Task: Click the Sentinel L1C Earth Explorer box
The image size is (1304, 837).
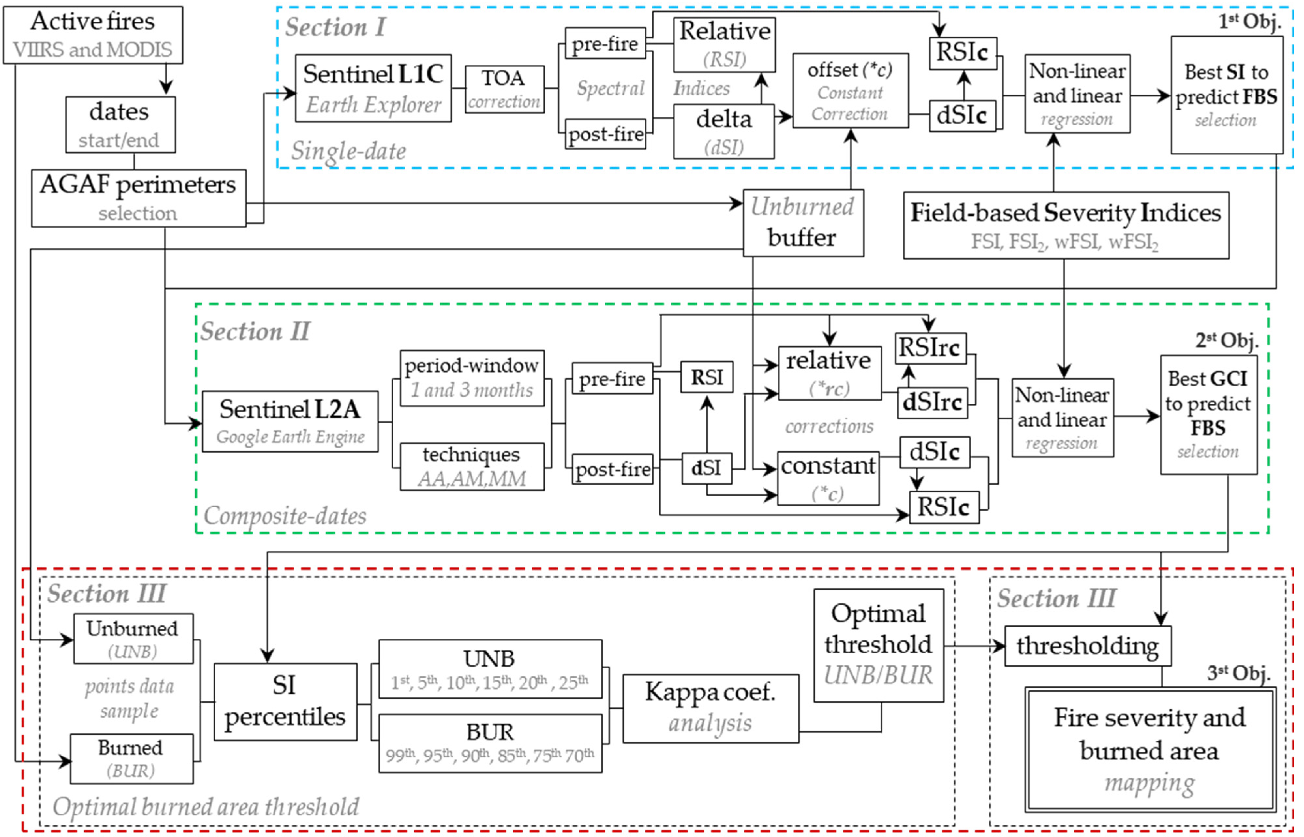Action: point(373,88)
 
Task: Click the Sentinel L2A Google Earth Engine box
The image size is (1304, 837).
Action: point(290,421)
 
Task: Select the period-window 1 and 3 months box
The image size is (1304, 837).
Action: point(472,378)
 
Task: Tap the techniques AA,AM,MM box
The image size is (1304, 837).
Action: point(472,466)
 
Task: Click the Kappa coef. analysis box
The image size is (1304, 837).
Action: point(710,708)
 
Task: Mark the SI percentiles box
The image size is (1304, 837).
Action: point(285,701)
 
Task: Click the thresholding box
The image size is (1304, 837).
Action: point(1087,646)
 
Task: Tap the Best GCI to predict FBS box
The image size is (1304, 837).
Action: point(1208,415)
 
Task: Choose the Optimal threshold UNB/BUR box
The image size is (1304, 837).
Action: point(878,645)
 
